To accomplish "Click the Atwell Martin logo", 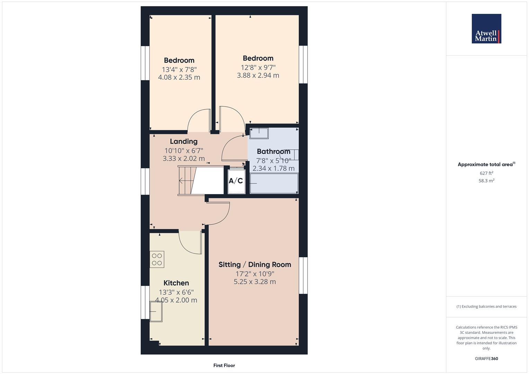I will (486, 29).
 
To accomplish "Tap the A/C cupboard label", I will (236, 181).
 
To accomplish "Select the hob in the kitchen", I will (157, 259).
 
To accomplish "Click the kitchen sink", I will (156, 311).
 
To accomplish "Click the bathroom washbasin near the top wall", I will (259, 133).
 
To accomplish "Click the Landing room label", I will (184, 141).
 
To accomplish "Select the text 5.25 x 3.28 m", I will (255, 282).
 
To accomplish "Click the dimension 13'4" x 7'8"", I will (179, 69).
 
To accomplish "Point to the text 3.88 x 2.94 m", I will (258, 75).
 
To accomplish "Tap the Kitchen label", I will (176, 283).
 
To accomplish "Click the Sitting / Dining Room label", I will (255, 265).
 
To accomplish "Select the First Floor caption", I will (224, 365).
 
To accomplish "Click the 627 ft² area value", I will (486, 173).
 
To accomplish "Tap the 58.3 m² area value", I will (486, 181).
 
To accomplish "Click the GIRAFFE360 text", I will (486, 359).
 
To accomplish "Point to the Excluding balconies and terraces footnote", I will (486, 306).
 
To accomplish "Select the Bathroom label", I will (273, 151).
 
